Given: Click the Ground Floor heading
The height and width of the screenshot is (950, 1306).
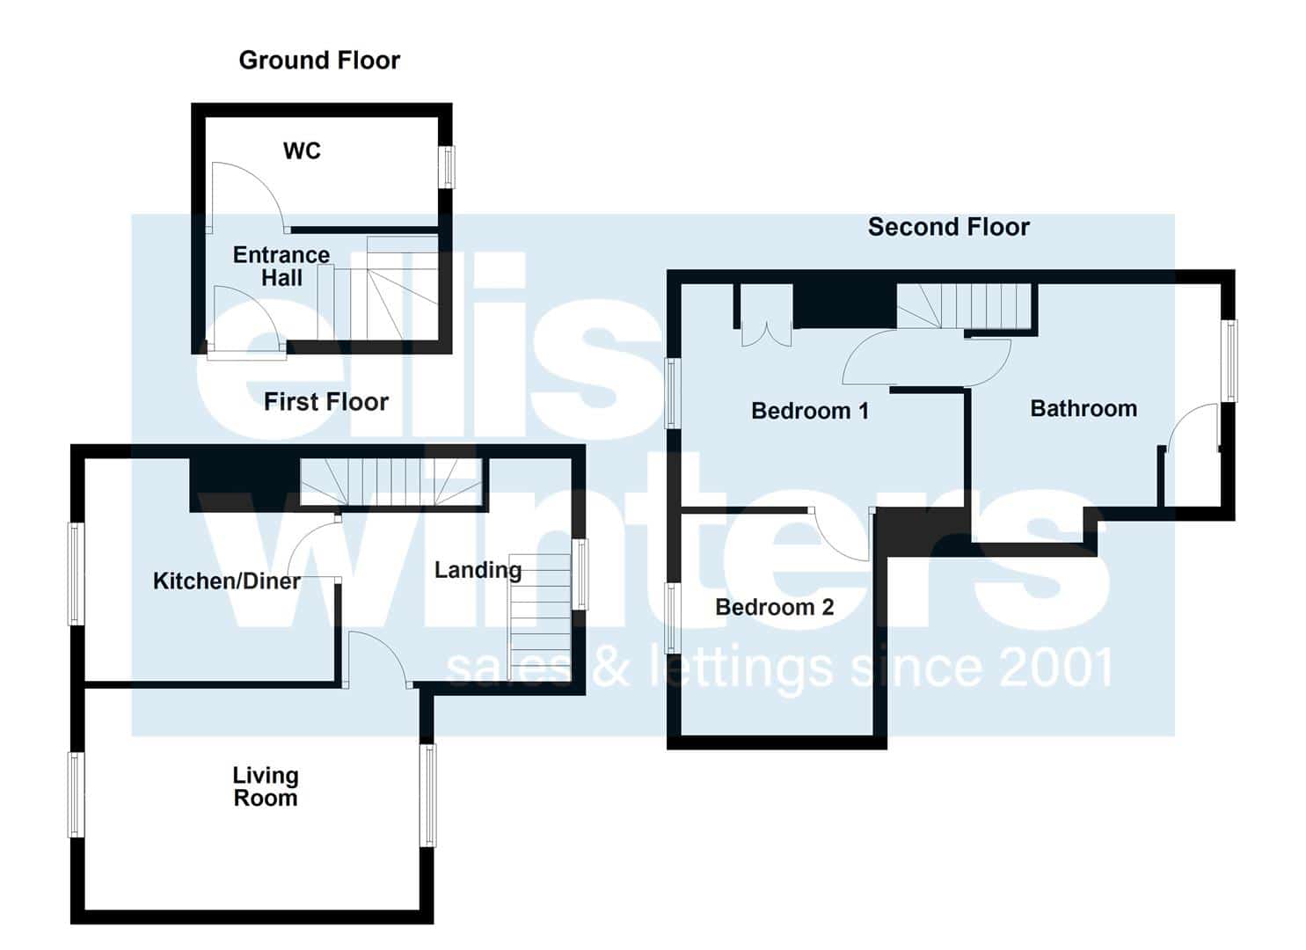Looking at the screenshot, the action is click(x=319, y=61).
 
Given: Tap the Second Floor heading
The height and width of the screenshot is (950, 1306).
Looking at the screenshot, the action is click(x=949, y=227).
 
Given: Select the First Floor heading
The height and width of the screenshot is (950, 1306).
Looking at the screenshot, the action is click(x=326, y=402).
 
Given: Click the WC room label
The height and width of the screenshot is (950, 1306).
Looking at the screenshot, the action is click(x=302, y=151).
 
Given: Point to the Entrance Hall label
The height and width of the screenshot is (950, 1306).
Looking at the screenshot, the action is click(x=281, y=266).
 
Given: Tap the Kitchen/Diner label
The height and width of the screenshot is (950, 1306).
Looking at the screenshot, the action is click(x=227, y=581).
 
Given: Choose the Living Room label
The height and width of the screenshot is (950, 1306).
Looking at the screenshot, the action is click(x=266, y=786).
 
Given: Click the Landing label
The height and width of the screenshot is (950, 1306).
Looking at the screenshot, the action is click(x=478, y=570).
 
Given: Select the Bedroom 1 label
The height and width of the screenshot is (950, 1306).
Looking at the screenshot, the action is click(x=810, y=411).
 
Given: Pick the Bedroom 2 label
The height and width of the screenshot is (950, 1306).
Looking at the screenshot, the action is click(x=774, y=607).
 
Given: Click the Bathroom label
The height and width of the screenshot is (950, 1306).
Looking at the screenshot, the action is click(x=1083, y=409).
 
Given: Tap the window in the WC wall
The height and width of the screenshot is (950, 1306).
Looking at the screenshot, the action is click(x=447, y=167).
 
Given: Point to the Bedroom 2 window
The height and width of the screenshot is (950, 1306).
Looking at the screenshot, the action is click(x=673, y=617).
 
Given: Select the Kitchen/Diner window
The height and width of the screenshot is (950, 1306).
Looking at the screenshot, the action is click(x=77, y=574).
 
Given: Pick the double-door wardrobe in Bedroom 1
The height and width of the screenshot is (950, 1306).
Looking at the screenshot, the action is click(x=766, y=333).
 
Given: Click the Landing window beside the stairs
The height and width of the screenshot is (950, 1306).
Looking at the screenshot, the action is click(x=579, y=574).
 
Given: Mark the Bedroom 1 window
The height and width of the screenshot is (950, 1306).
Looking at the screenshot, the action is click(x=673, y=393).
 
